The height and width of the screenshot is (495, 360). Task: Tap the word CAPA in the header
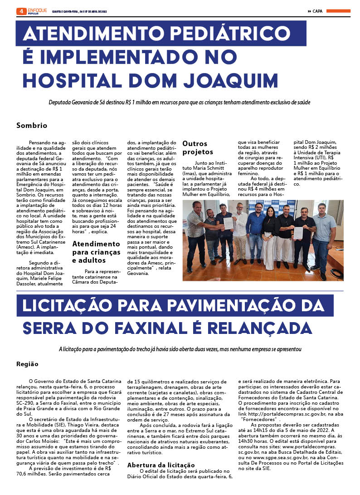317,11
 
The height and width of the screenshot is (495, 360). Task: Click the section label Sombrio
32,125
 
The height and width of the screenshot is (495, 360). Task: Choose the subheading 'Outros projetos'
198,147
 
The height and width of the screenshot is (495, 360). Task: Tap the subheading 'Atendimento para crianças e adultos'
96,252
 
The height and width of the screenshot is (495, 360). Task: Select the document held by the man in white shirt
228,223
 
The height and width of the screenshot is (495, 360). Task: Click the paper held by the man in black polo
298,232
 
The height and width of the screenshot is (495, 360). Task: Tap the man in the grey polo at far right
324,236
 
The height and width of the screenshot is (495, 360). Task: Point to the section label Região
27,364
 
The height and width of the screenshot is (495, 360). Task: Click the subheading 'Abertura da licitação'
161,465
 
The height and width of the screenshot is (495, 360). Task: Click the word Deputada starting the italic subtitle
61,103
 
